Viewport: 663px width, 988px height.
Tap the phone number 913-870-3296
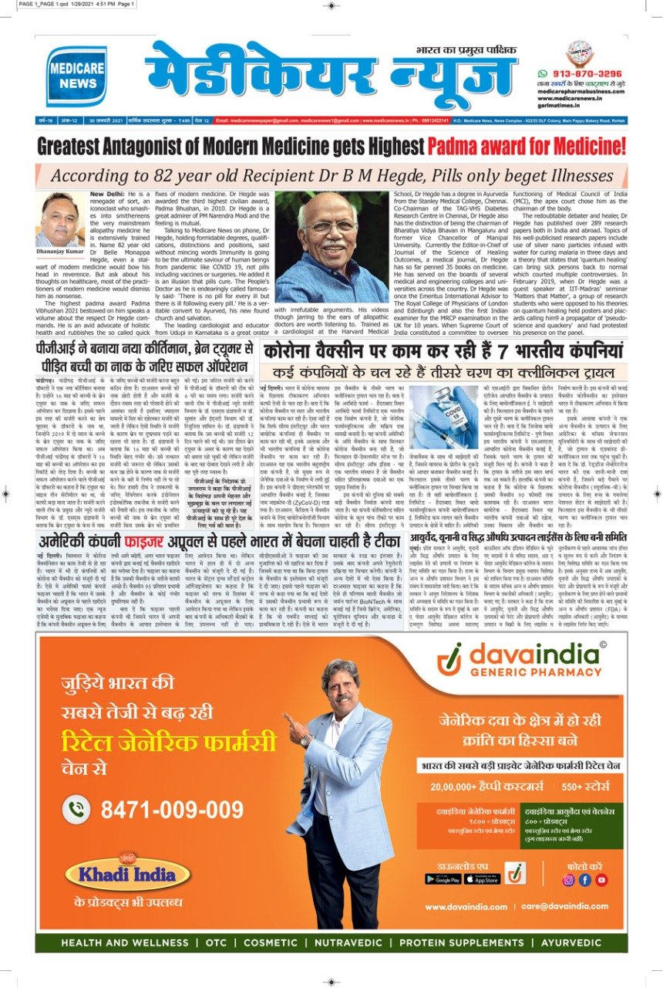click(587, 73)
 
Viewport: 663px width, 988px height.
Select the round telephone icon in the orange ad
click(77, 810)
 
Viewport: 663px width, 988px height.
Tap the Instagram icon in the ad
click(569, 879)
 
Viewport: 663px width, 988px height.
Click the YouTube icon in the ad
click(601, 879)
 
